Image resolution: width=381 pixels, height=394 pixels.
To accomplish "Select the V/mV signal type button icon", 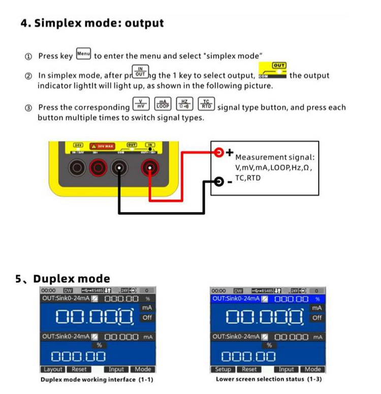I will click(x=140, y=104).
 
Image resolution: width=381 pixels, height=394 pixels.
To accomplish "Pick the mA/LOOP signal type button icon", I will click(x=163, y=104).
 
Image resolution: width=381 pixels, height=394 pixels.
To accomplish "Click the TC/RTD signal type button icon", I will click(x=206, y=104).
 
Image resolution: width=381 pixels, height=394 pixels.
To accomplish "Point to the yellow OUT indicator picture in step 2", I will click(x=272, y=71).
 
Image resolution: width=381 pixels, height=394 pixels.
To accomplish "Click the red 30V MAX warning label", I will click(x=102, y=146).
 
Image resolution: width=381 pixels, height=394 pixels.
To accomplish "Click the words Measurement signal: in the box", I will click(x=274, y=158).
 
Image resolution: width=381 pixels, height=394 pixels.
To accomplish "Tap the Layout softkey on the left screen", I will click(x=53, y=370).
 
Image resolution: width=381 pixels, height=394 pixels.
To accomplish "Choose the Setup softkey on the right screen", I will click(x=223, y=370).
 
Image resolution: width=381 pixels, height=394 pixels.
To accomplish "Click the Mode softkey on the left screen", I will click(x=143, y=370).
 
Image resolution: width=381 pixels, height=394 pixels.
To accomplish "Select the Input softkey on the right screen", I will click(x=287, y=370).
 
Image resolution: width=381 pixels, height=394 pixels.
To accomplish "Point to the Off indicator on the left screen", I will click(x=147, y=318).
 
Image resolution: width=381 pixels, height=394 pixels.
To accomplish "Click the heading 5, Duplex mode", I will click(x=62, y=279).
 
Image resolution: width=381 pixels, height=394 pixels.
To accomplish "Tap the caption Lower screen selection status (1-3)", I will click(x=269, y=379).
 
